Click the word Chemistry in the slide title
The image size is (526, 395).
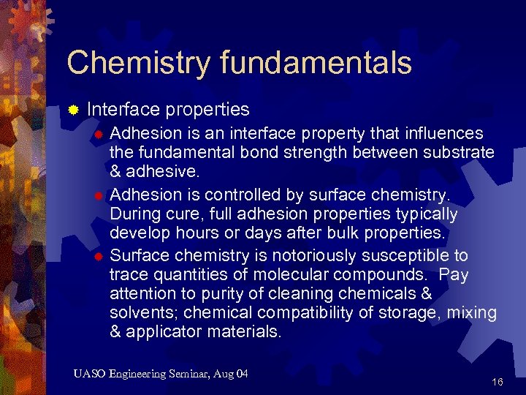(x=128, y=63)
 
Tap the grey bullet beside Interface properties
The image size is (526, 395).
(x=73, y=110)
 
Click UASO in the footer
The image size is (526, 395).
(x=90, y=375)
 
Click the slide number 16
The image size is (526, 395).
(x=498, y=382)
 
